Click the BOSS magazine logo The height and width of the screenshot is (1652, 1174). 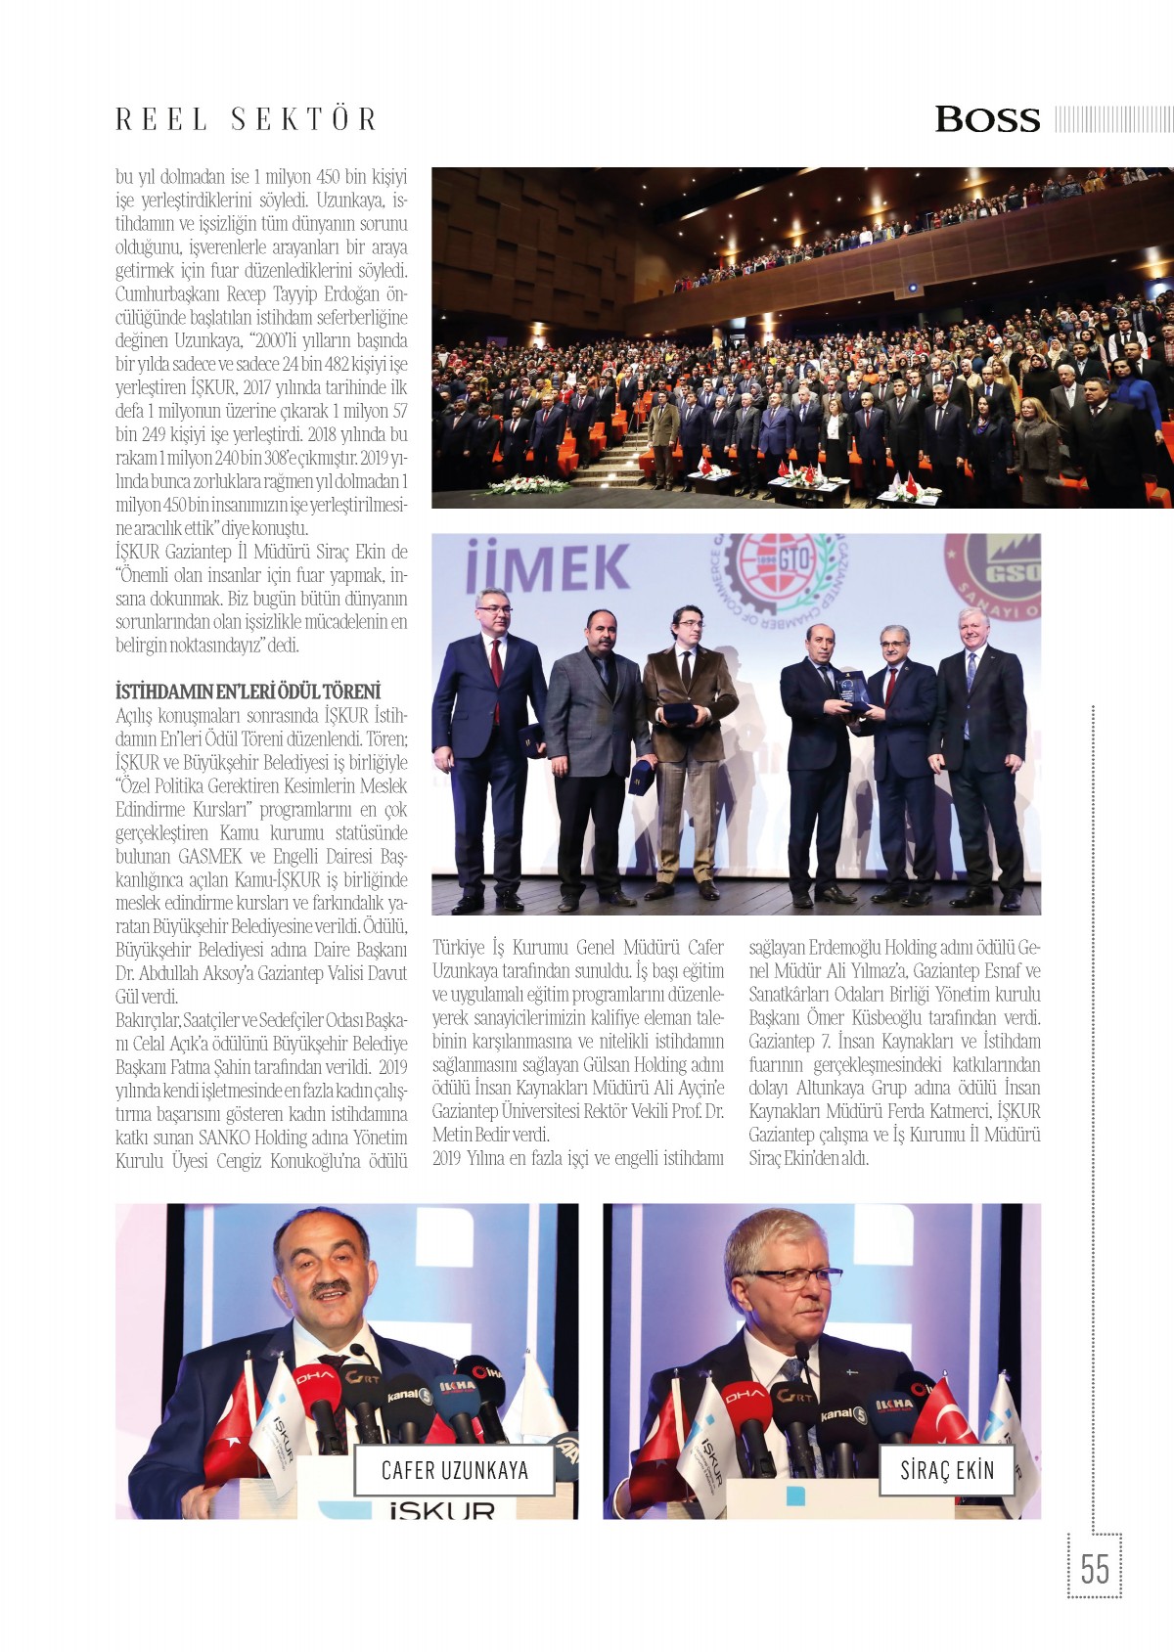click(x=987, y=119)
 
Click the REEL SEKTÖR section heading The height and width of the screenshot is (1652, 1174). click(x=247, y=119)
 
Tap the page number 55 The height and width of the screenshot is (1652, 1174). click(x=1095, y=1570)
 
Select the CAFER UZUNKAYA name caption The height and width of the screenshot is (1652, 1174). click(x=455, y=1470)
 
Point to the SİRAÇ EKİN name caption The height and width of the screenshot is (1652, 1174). click(x=947, y=1470)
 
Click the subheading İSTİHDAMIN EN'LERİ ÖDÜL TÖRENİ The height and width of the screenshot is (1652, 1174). click(x=248, y=692)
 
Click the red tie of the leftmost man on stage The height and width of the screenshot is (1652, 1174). click(x=496, y=665)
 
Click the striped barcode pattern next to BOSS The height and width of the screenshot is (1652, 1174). click(x=1113, y=119)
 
